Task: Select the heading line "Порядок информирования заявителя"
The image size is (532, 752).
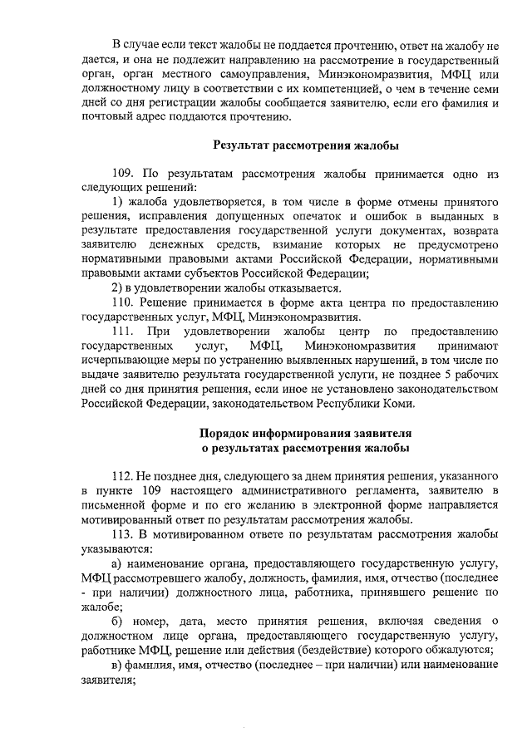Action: (305, 434)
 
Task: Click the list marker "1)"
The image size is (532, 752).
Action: (117, 202)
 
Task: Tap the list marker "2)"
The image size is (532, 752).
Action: (117, 288)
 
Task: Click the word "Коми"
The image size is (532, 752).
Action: (398, 403)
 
